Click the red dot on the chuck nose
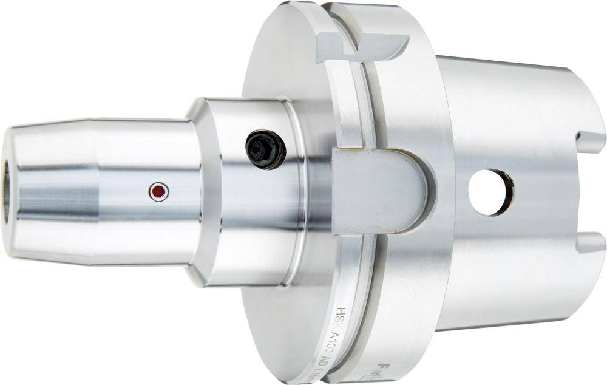(x=158, y=192)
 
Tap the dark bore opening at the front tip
(x=5, y=191)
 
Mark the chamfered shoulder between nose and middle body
(x=197, y=192)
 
